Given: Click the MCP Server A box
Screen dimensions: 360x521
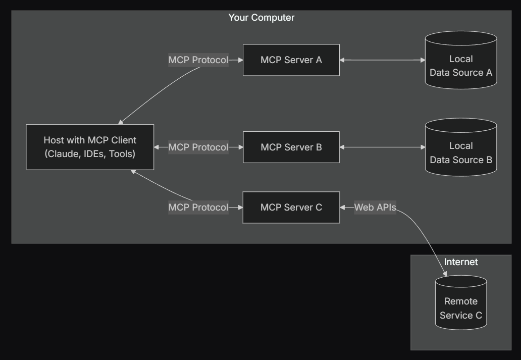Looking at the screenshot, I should pos(291,60).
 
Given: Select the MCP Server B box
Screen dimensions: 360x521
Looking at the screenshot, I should pos(291,147).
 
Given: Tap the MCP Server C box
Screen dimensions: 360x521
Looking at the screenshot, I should pos(291,207).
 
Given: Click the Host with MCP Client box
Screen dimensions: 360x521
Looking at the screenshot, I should pos(90,147).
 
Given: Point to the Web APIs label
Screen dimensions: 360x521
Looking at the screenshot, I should pos(375,207).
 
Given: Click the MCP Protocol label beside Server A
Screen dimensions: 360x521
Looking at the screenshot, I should pos(198,60).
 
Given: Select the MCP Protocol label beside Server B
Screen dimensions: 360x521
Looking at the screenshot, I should pos(198,147).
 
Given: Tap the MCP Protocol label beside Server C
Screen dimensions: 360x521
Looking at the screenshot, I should pos(198,207).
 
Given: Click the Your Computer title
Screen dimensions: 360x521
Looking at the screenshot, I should pos(261,18).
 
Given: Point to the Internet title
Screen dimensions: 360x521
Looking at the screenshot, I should pos(460,262).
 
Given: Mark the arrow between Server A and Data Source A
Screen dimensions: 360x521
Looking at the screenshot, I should pos(382,60).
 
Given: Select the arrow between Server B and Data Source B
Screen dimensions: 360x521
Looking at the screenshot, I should pos(382,147).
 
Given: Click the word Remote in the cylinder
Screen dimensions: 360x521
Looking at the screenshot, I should pos(460,301).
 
